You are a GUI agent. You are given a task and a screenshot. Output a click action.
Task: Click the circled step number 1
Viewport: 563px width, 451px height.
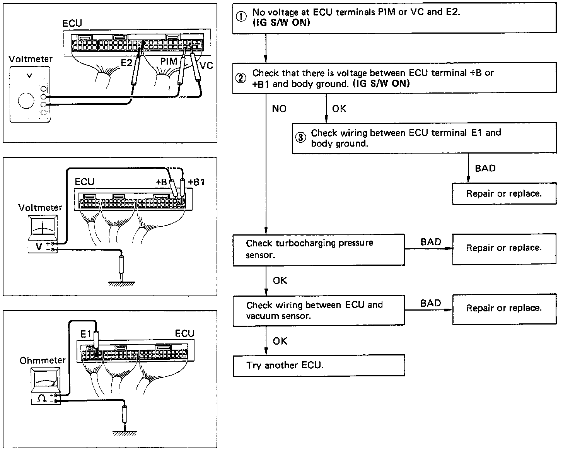click(241, 17)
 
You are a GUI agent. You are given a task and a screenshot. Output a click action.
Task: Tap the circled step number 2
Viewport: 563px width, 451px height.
click(241, 78)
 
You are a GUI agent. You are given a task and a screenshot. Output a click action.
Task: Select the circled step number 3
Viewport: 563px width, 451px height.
click(300, 138)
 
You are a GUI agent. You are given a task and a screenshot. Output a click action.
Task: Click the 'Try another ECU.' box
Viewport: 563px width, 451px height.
click(319, 366)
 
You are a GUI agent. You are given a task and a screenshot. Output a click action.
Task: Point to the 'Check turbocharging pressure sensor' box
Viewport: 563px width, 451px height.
click(319, 249)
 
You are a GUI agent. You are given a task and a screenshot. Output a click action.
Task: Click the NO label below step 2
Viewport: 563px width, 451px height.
click(279, 109)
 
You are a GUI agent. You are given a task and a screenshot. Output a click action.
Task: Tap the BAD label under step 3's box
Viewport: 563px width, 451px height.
click(485, 168)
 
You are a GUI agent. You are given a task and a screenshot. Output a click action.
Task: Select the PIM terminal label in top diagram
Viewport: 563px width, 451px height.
click(169, 61)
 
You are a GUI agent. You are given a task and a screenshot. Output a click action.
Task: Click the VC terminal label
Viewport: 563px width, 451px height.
click(207, 66)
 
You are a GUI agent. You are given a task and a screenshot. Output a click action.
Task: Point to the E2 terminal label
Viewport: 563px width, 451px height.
click(126, 62)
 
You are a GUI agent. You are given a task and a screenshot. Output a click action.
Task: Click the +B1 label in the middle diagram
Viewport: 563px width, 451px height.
click(196, 182)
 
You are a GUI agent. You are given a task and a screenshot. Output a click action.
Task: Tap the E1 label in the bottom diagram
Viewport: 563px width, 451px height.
click(85, 333)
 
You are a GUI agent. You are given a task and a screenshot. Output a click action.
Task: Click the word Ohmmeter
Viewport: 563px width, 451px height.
click(43, 360)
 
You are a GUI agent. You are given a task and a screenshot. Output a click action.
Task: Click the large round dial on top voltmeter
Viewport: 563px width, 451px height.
click(26, 101)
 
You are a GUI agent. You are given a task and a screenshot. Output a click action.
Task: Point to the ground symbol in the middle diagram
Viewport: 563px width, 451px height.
click(121, 284)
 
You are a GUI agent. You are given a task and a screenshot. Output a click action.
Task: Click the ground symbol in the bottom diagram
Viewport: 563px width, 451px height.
click(125, 433)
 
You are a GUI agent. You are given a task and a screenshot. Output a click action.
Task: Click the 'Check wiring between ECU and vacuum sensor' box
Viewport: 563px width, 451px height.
click(319, 310)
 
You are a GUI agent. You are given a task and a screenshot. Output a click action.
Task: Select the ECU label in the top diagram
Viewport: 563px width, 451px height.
click(72, 23)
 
